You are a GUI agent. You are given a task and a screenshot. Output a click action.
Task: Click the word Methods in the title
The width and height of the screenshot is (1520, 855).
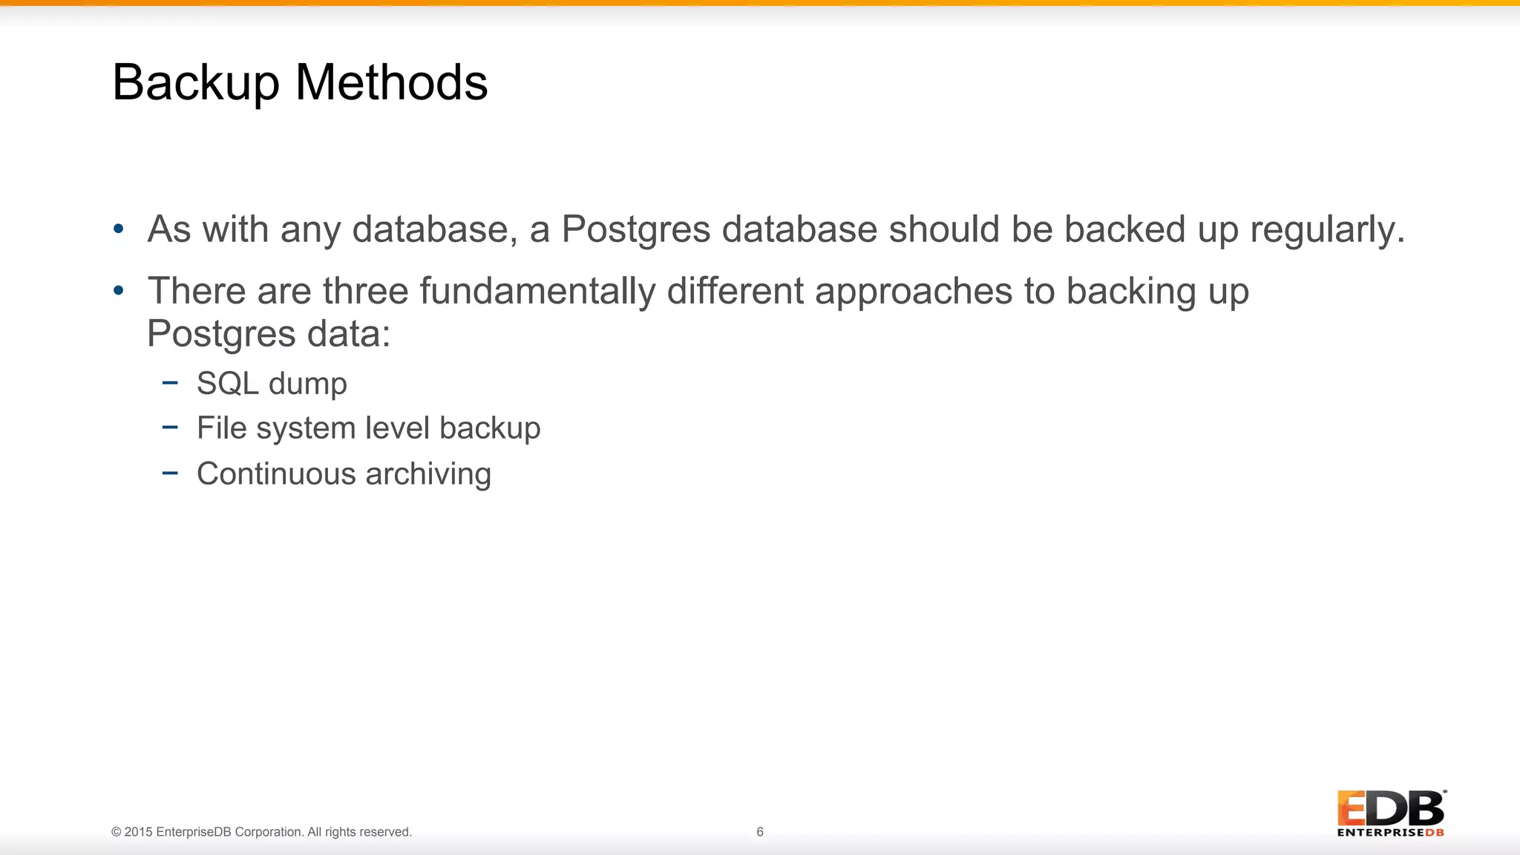pyautogui.click(x=392, y=82)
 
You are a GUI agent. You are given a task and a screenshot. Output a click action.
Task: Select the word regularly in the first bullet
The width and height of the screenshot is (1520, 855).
pyautogui.click(x=1327, y=229)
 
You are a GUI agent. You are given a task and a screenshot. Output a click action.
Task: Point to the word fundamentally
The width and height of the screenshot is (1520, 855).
pyautogui.click(x=537, y=291)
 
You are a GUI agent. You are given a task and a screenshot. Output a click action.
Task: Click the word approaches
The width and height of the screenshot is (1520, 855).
pyautogui.click(x=913, y=291)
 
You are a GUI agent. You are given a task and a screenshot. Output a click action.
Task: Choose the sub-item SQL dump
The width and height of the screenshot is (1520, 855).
pyautogui.click(x=272, y=384)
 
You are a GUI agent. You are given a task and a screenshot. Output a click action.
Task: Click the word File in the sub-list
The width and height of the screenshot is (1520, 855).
pyautogui.click(x=221, y=428)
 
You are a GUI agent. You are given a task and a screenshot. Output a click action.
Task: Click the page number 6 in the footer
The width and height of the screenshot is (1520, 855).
pyautogui.click(x=760, y=832)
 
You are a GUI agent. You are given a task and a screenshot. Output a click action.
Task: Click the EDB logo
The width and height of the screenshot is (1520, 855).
pyautogui.click(x=1390, y=808)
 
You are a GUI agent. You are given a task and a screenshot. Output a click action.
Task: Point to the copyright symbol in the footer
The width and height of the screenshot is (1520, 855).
pyautogui.click(x=117, y=832)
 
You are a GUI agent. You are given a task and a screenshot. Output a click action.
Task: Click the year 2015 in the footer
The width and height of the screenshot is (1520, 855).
pyautogui.click(x=139, y=832)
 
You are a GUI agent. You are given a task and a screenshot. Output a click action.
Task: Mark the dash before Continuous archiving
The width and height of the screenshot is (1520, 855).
pyautogui.click(x=170, y=473)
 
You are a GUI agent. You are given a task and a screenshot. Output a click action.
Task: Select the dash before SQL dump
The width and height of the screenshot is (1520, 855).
pyautogui.click(x=170, y=383)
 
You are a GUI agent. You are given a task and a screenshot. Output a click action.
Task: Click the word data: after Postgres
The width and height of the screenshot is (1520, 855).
pyautogui.click(x=349, y=334)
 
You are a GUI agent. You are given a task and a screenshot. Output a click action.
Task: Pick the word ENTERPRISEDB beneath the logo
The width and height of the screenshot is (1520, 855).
pyautogui.click(x=1390, y=833)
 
